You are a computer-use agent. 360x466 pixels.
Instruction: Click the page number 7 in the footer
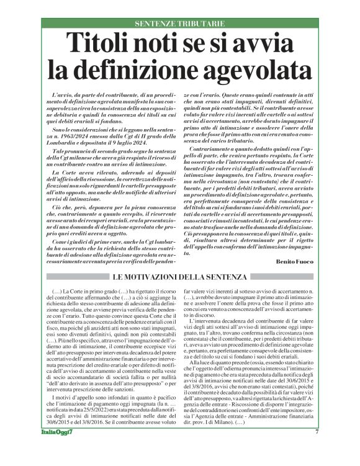(x=317, y=448)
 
